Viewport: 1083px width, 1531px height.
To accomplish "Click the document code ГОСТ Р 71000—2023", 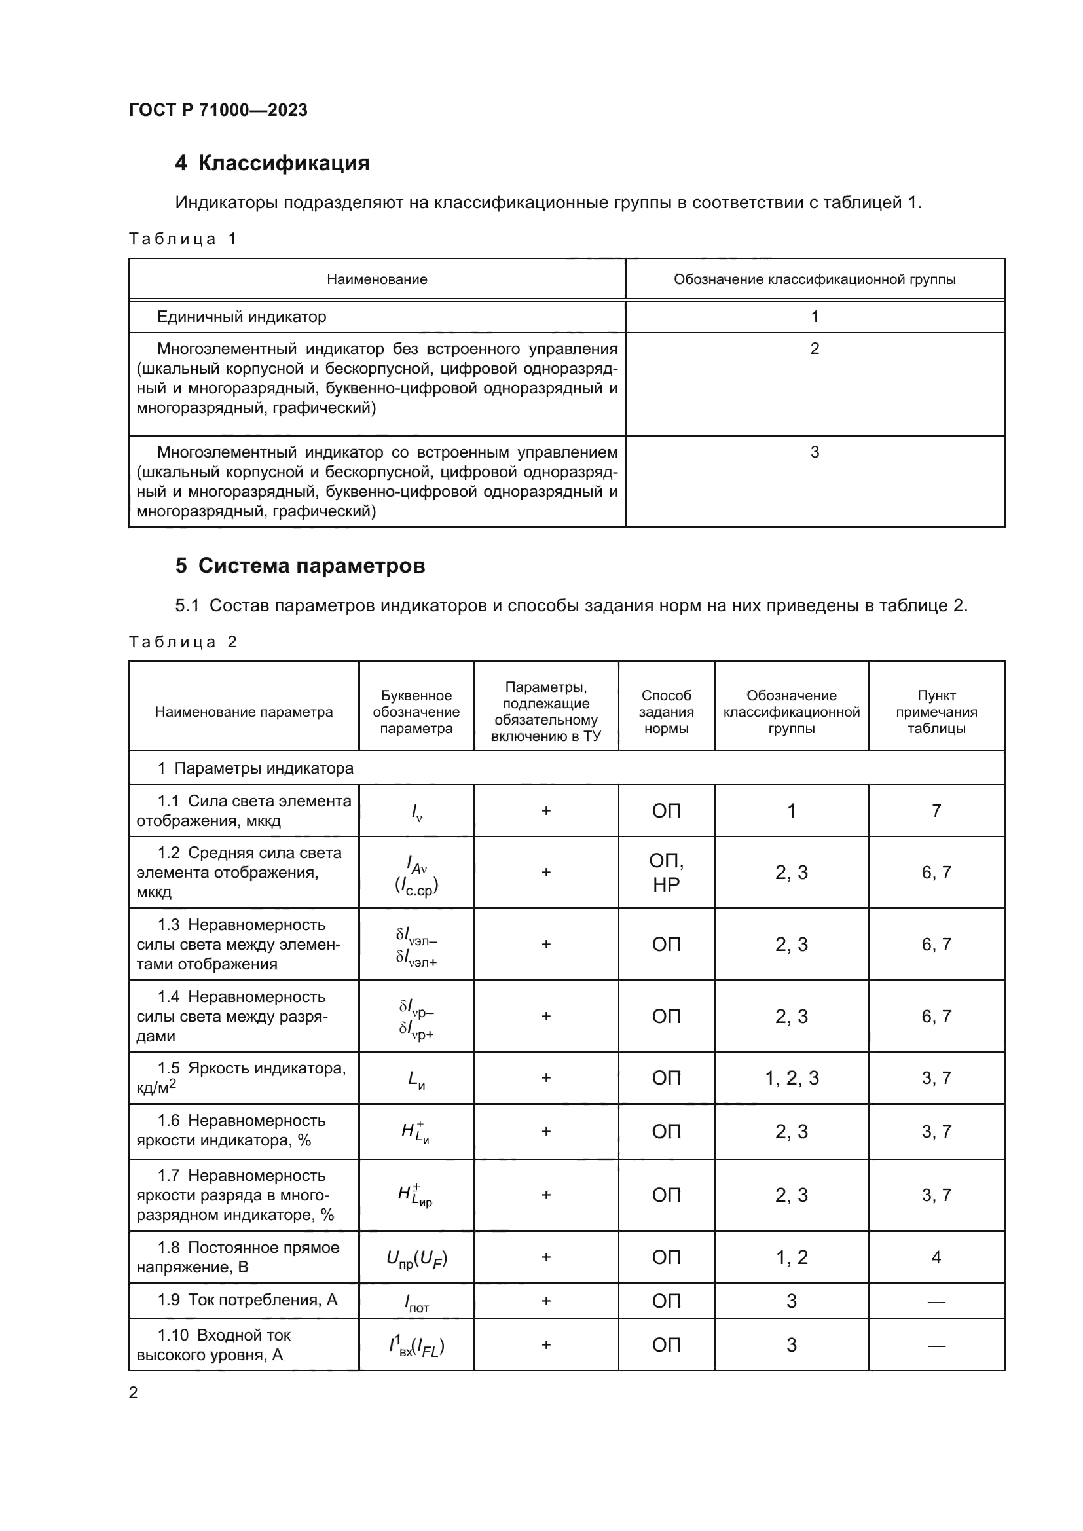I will (x=218, y=110).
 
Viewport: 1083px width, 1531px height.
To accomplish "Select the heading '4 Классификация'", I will (x=272, y=164).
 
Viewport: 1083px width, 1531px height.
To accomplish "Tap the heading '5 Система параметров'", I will (x=300, y=566).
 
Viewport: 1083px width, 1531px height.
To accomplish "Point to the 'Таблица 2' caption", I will (x=183, y=641).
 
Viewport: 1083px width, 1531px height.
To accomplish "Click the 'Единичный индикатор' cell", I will (x=242, y=317).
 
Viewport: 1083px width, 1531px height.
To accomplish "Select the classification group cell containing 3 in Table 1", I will (x=815, y=452).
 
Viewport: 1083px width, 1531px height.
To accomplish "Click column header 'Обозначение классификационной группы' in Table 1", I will (x=815, y=279).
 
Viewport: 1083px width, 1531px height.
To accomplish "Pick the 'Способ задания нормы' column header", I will (x=666, y=711).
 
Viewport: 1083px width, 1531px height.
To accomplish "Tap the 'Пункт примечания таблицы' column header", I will (x=936, y=711).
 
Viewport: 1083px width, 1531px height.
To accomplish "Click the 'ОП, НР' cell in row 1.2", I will (x=666, y=872).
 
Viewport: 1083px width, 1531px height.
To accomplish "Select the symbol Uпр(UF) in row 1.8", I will (x=417, y=1258).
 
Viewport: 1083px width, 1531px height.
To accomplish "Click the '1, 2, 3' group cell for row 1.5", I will (x=792, y=1078).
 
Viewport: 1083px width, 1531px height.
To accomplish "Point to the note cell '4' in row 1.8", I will (x=936, y=1257).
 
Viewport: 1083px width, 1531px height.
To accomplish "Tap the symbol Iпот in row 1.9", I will (x=417, y=1302).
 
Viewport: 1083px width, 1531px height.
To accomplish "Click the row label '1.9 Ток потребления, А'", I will (x=248, y=1300).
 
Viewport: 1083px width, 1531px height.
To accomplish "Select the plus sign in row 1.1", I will (x=546, y=811).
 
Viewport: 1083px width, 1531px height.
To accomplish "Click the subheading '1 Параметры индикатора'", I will (x=255, y=768).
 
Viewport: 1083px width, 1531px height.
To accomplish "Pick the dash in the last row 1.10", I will (x=936, y=1345).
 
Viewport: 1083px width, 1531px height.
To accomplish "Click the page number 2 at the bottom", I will (x=134, y=1393).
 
